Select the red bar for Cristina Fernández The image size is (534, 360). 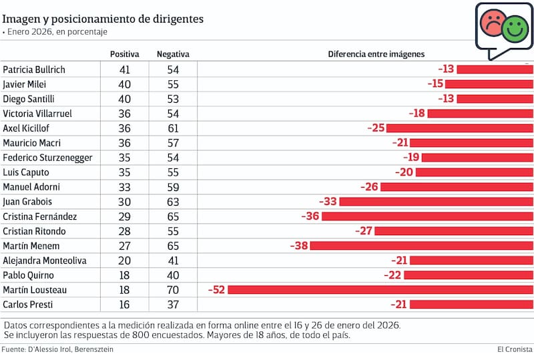(427, 216)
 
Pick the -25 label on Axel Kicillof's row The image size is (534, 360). (376, 128)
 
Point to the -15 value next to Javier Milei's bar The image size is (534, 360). (435, 84)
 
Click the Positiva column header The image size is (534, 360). (124, 54)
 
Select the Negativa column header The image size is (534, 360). (173, 54)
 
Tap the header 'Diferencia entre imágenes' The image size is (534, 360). (376, 54)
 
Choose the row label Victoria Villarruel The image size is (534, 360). (37, 114)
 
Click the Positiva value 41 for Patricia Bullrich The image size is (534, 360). (124, 69)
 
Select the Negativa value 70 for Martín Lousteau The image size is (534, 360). (173, 289)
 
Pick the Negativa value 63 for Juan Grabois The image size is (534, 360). (173, 202)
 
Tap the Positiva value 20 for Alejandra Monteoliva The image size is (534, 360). (124, 260)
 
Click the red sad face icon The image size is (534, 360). (493, 23)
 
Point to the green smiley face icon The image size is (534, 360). (515, 28)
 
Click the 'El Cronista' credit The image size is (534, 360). (515, 349)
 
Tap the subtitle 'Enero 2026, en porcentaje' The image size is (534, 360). (57, 31)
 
